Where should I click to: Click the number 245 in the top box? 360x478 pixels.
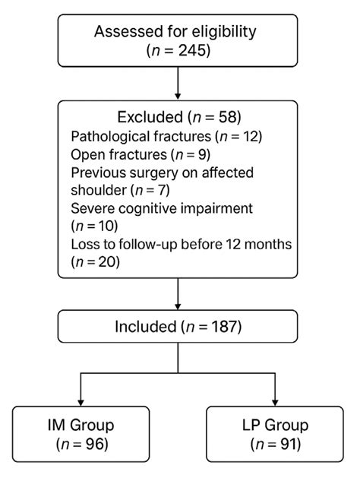[192, 50]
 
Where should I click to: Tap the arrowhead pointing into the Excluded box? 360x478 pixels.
[178, 96]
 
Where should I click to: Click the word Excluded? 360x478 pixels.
[150, 117]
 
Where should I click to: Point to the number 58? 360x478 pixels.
[227, 117]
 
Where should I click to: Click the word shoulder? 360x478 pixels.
[99, 190]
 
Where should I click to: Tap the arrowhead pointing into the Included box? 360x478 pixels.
[178, 306]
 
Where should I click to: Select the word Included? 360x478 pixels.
[146, 327]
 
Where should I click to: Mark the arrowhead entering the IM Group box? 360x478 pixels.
[81, 403]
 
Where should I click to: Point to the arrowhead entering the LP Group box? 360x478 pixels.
[275, 403]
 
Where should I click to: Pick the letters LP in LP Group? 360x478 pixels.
[251, 425]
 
